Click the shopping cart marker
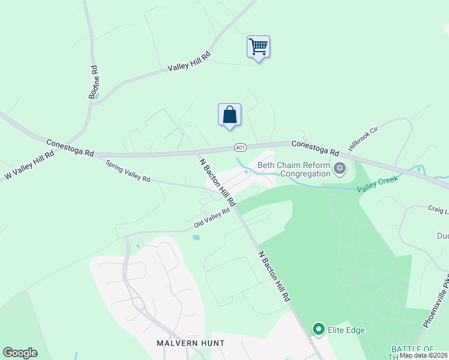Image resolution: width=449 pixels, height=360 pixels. pyautogui.click(x=258, y=47)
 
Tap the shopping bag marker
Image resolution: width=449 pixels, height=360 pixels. pyautogui.click(x=229, y=114)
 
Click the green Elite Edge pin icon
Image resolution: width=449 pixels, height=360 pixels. pyautogui.click(x=318, y=329)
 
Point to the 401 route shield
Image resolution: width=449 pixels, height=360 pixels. pyautogui.click(x=240, y=147)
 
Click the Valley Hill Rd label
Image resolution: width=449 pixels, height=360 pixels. pyautogui.click(x=189, y=62)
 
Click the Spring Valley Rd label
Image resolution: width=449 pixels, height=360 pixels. pyautogui.click(x=128, y=172)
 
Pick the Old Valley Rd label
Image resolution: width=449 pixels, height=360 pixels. pyautogui.click(x=212, y=218)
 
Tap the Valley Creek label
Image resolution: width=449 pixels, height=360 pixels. pyautogui.click(x=378, y=188)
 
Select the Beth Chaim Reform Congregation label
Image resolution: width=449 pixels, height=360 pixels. pyautogui.click(x=294, y=169)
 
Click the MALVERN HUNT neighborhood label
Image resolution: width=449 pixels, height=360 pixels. pyautogui.click(x=190, y=343)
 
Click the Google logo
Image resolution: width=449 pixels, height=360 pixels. pyautogui.click(x=20, y=353)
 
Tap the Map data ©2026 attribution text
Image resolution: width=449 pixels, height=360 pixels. pyautogui.click(x=423, y=355)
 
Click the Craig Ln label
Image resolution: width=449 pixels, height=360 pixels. pyautogui.click(x=438, y=211)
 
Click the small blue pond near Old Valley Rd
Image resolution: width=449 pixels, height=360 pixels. pyautogui.click(x=196, y=238)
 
